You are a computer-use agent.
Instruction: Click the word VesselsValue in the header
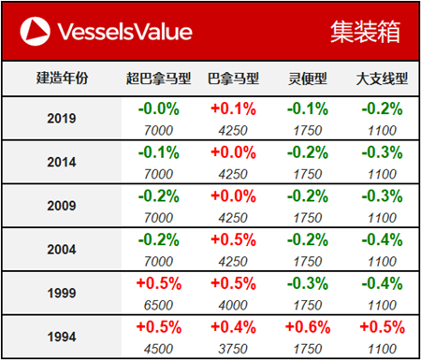[x=124, y=32]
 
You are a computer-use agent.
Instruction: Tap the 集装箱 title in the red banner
[x=365, y=32]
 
